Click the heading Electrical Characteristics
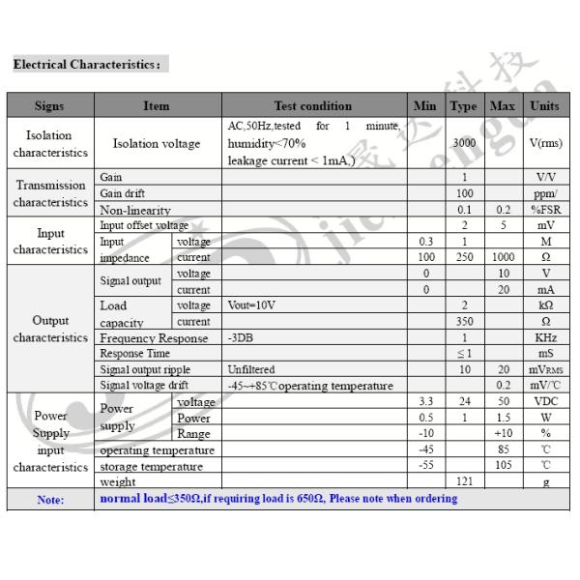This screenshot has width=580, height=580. pyautogui.click(x=86, y=65)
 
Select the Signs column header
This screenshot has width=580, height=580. pyautogui.click(x=49, y=105)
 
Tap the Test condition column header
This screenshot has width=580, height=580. pyautogui.click(x=312, y=105)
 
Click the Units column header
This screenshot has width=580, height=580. pyautogui.click(x=545, y=105)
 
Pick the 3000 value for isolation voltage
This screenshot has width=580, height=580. pyautogui.click(x=464, y=143)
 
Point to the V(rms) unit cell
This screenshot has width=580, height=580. pyautogui.click(x=545, y=143)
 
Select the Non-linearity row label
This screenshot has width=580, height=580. pyautogui.click(x=135, y=210)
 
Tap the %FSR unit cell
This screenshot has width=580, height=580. pyautogui.click(x=545, y=210)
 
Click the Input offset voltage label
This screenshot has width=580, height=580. pyautogui.click(x=145, y=225)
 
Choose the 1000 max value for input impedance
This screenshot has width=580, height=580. pyautogui.click(x=502, y=257)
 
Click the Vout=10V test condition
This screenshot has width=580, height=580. pyautogui.click(x=251, y=305)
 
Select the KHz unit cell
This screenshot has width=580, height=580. pyautogui.click(x=545, y=338)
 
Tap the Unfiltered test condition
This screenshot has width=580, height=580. pyautogui.click(x=251, y=369)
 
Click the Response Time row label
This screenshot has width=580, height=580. pyautogui.click(x=135, y=354)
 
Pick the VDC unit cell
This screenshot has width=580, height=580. pyautogui.click(x=545, y=401)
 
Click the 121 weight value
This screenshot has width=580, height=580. pyautogui.click(x=464, y=481)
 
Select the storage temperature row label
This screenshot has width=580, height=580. pyautogui.click(x=152, y=466)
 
